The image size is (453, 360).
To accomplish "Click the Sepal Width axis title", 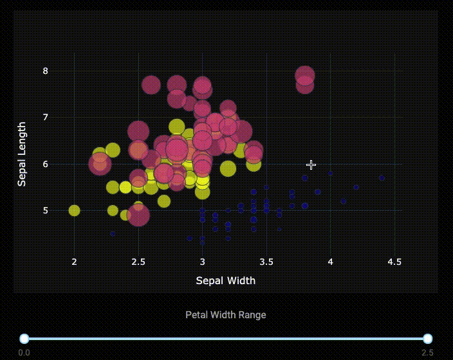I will tap(225, 280).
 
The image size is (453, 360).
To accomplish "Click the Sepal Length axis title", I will tap(22, 154).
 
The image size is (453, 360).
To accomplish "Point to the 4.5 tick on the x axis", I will tap(394, 262).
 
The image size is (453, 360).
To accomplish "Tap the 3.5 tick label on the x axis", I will tap(266, 262).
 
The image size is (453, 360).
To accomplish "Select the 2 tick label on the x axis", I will tap(74, 262).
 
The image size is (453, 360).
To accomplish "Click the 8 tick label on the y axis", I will tap(46, 71).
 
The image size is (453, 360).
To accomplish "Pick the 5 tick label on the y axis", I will tap(46, 210).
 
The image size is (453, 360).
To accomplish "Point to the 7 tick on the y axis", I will tap(46, 117).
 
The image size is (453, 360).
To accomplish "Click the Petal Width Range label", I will tap(225, 315).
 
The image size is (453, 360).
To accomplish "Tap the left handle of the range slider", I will tap(24, 339).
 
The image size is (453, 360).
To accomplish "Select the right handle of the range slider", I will tap(427, 339).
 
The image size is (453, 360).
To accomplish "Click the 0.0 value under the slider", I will tap(24, 353).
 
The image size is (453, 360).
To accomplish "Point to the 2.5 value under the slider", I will tap(427, 353).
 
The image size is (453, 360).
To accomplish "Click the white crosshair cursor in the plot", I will tap(311, 165).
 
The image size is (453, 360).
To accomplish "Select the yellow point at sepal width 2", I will tap(74, 210).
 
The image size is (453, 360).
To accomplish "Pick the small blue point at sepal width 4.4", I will tap(382, 178).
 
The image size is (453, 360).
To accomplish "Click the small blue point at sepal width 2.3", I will tap(113, 233).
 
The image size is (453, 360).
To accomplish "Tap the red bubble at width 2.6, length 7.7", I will tap(151, 84).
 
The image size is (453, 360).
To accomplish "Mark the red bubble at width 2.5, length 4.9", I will tap(138, 215).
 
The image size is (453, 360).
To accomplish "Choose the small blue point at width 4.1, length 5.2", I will tap(343, 201).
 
